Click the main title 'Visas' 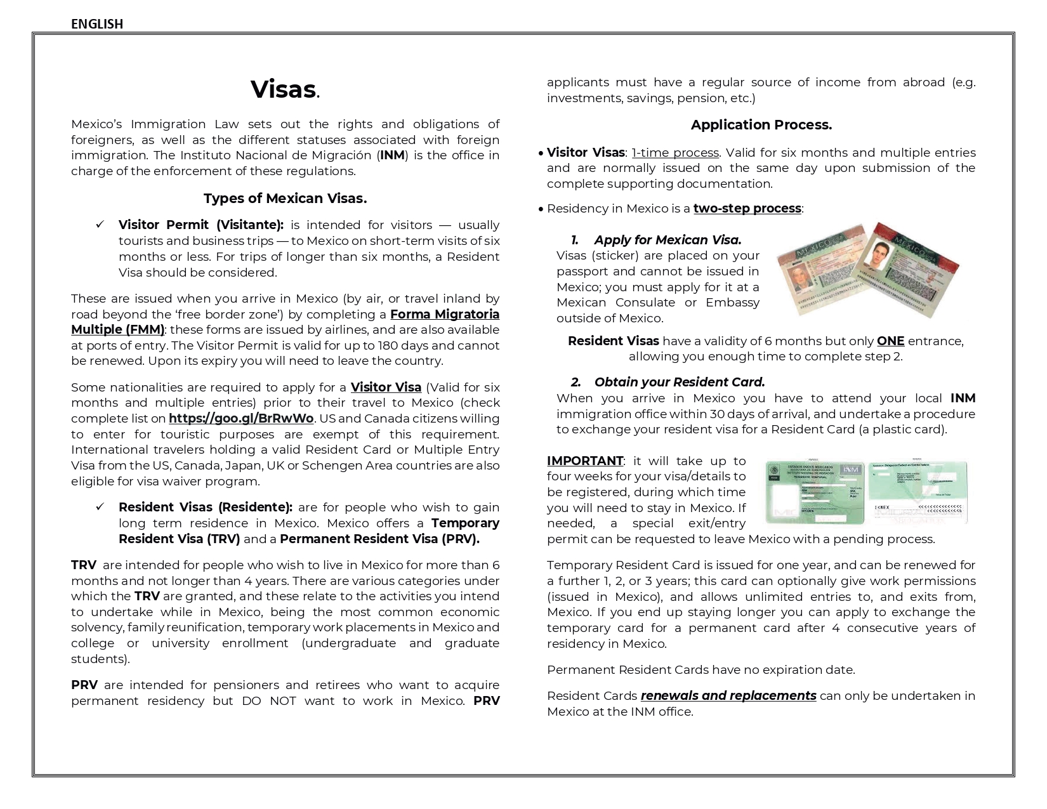(x=283, y=89)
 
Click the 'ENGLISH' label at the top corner (x=96, y=24)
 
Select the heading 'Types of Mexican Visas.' (x=285, y=199)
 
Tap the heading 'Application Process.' (x=761, y=125)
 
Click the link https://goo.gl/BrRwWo (x=241, y=419)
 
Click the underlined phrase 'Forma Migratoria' (x=444, y=315)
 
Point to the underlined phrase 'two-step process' (x=747, y=209)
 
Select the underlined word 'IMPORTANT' (x=584, y=461)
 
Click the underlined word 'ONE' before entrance (x=890, y=341)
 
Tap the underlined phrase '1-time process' (x=675, y=153)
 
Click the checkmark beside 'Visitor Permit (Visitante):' (x=100, y=225)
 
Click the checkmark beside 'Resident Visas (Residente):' (x=100, y=507)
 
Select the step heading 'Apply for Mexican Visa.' (x=668, y=240)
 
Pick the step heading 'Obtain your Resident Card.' (x=679, y=383)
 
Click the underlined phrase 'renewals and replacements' (x=728, y=696)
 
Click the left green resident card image (x=814, y=493)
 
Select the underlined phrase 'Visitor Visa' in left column (x=386, y=388)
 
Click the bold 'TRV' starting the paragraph (x=84, y=565)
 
